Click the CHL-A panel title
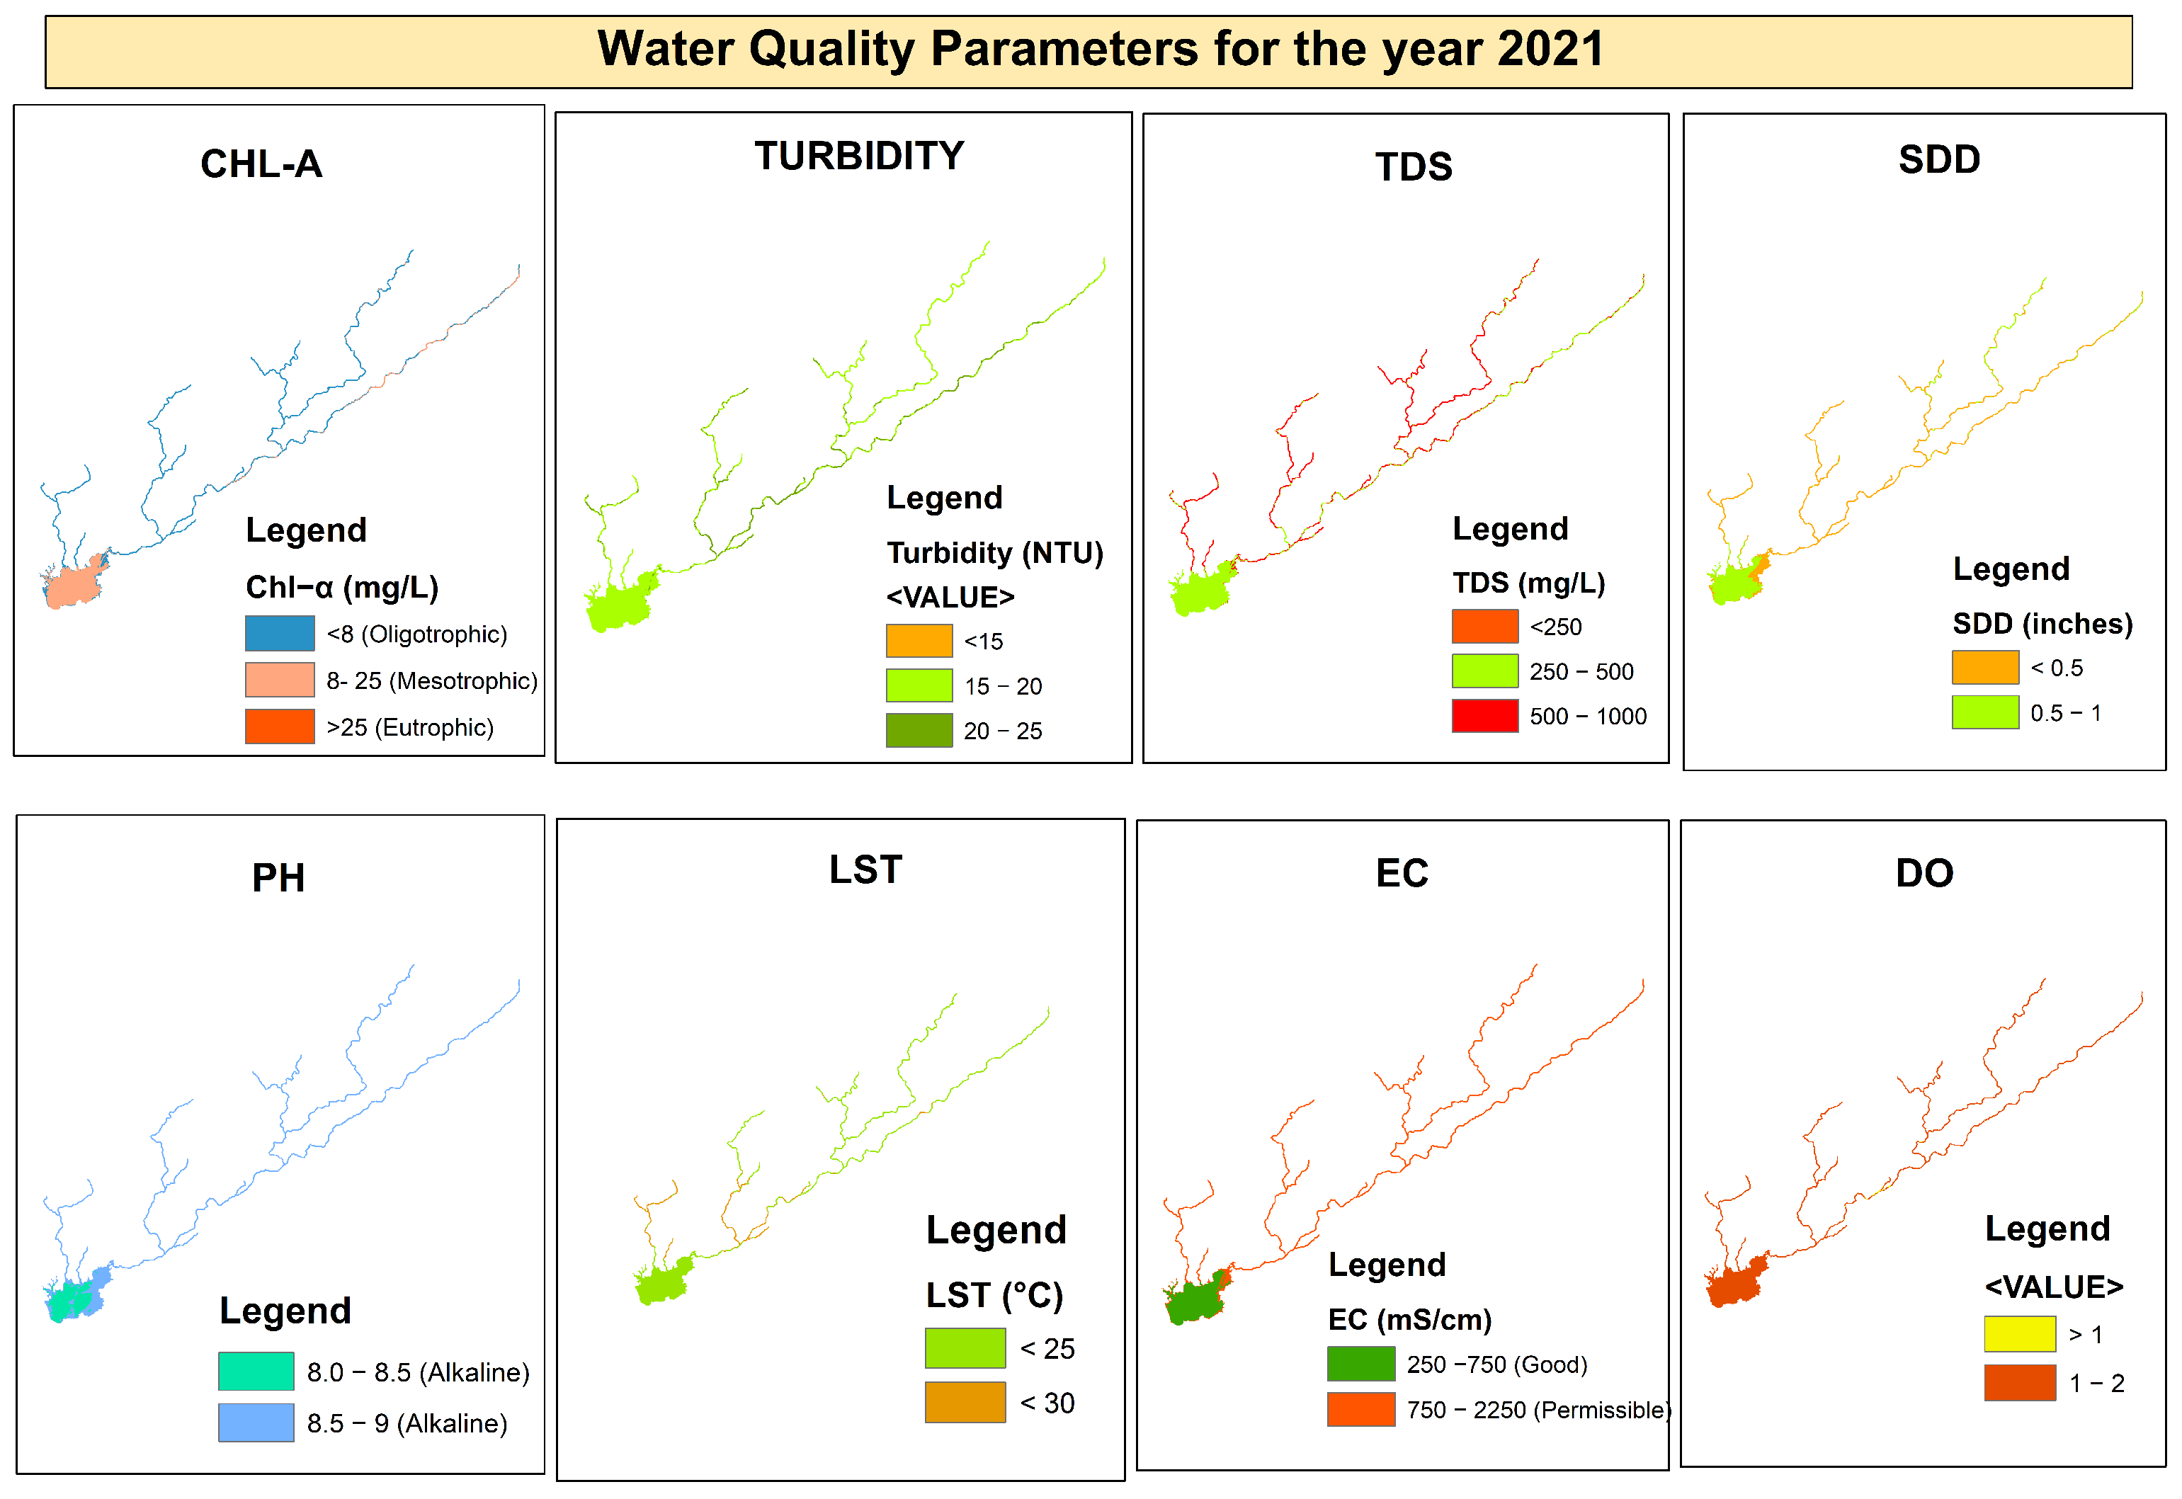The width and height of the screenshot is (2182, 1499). (x=261, y=164)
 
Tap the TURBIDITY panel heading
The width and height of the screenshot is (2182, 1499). (x=858, y=156)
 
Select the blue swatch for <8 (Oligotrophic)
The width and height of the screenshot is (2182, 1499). (x=279, y=633)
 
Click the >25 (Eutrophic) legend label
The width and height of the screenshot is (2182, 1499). (x=409, y=727)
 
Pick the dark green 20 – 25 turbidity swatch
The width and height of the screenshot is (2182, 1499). (x=919, y=730)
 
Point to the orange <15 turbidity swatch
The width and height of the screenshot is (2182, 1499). (x=919, y=641)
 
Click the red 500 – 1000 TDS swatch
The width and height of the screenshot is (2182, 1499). (x=1484, y=716)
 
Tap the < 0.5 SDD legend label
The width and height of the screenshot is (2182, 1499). (x=2056, y=668)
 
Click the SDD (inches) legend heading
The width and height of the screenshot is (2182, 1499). (x=2042, y=624)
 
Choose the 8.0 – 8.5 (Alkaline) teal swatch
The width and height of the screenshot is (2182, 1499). (x=256, y=1372)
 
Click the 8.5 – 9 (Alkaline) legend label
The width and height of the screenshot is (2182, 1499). (x=407, y=1423)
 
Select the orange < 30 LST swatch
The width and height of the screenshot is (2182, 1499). (x=965, y=1402)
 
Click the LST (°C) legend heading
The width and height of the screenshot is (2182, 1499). (x=994, y=1295)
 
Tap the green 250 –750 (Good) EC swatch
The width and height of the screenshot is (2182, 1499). (x=1360, y=1364)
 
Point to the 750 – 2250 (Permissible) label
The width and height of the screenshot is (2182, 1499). (x=1538, y=1410)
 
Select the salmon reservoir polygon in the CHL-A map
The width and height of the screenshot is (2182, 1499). (x=73, y=585)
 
